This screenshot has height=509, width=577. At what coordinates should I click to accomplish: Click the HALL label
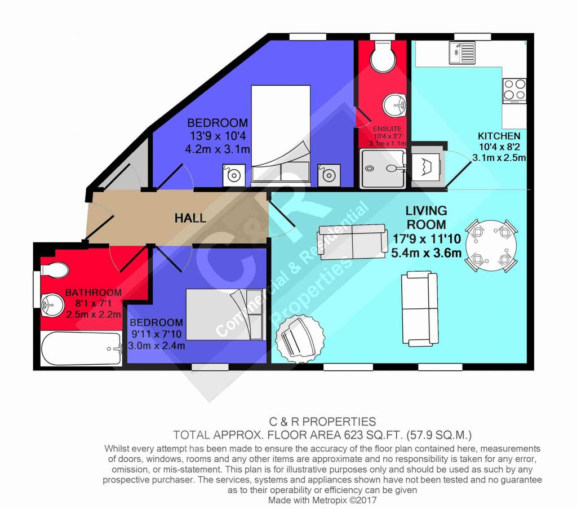tap(190, 218)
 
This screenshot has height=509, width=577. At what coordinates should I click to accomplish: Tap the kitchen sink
tap(462, 52)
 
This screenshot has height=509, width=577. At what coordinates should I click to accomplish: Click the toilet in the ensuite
tap(383, 56)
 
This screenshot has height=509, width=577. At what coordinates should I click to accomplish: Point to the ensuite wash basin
tap(394, 104)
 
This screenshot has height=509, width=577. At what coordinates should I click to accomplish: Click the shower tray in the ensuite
tap(383, 169)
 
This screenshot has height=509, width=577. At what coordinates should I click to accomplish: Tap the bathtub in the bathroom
tap(81, 348)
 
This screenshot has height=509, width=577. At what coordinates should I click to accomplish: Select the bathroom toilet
tap(54, 270)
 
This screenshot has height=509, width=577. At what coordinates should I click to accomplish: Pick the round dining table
tap(491, 246)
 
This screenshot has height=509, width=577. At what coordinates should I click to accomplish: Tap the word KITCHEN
tap(499, 136)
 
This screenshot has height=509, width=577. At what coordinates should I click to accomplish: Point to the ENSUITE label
tap(387, 129)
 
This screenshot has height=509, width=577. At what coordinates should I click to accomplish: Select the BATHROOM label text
tap(94, 293)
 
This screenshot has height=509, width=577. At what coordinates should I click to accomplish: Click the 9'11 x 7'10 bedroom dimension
tap(157, 334)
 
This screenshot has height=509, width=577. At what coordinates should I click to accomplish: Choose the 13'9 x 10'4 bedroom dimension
tap(218, 136)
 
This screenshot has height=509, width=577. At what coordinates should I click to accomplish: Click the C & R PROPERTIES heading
tap(323, 422)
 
